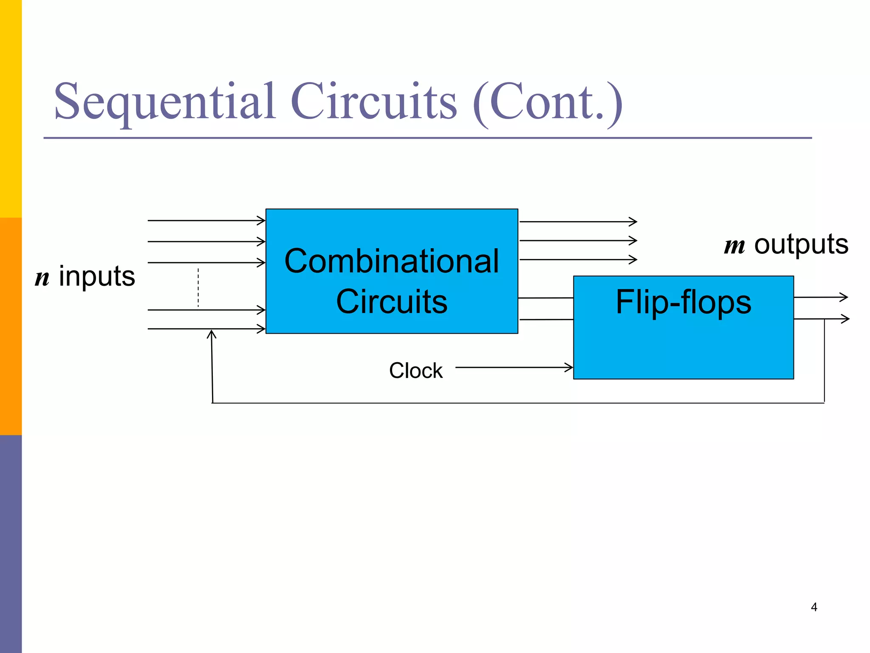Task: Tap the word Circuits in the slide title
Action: point(374,102)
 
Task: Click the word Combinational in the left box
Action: point(392,261)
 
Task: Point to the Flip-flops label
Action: point(683,302)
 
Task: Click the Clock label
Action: point(415,371)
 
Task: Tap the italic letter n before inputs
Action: point(42,278)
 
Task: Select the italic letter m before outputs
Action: point(734,246)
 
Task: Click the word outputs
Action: point(801,245)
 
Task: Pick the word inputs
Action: point(97,277)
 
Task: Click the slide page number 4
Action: point(814,607)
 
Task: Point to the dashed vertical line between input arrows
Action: point(198,287)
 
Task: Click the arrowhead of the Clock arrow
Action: point(569,367)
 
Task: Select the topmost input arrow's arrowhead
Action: point(261,220)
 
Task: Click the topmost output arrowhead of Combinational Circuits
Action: point(633,221)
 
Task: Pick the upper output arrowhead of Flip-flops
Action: point(844,297)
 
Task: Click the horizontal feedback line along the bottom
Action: point(510,403)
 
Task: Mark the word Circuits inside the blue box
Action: point(392,302)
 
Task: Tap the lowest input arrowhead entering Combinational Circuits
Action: point(261,329)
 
